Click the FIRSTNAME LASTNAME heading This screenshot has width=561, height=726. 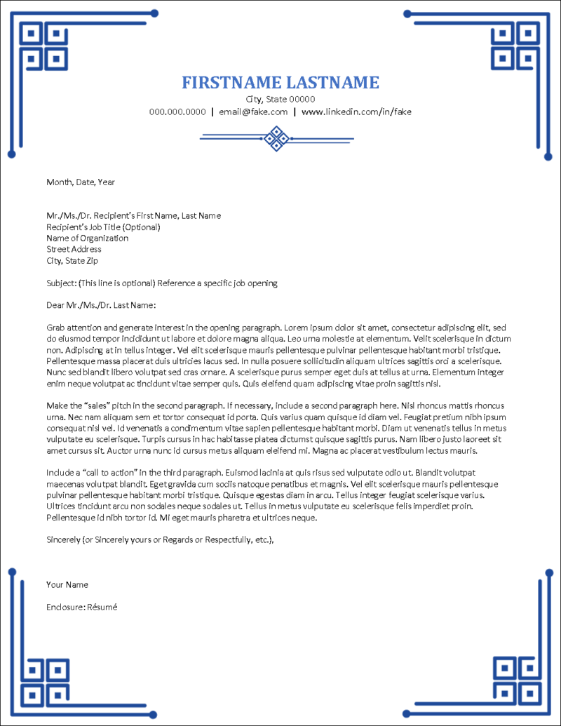(x=280, y=83)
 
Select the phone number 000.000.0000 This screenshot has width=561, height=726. (x=177, y=112)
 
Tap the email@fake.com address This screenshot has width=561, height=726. (x=253, y=112)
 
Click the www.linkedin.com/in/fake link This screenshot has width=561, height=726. (x=356, y=112)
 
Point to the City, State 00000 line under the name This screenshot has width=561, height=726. (x=280, y=99)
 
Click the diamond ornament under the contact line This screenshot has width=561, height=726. (x=277, y=138)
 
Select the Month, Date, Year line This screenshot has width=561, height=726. (x=81, y=182)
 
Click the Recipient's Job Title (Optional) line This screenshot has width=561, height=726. (x=104, y=227)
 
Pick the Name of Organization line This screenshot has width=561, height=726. (x=88, y=238)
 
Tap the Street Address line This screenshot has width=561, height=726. (x=74, y=250)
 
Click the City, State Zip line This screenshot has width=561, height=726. (x=72, y=261)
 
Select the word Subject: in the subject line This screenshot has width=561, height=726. (x=62, y=283)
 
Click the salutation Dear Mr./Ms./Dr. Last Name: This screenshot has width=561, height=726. (x=101, y=306)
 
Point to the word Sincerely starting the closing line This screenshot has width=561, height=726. (x=62, y=539)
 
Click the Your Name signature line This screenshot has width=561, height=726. (x=67, y=584)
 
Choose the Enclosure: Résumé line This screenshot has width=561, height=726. (x=82, y=607)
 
